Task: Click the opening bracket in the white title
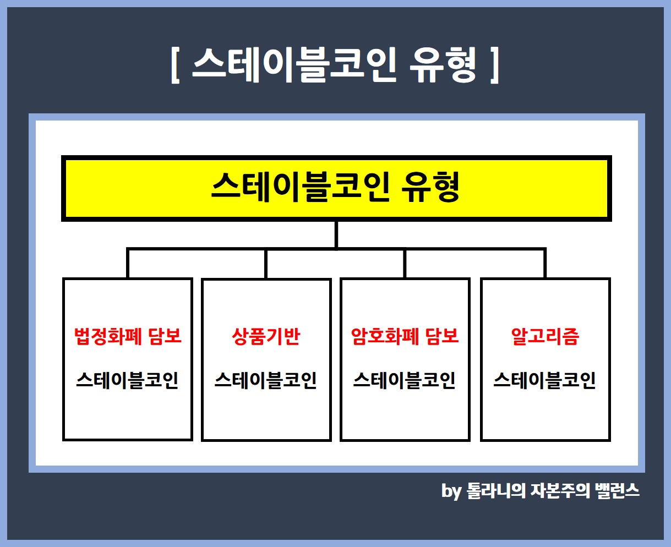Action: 175,65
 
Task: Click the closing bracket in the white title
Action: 494,65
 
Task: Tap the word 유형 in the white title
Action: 443,65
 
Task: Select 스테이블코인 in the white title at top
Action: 294,65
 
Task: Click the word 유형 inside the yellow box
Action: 430,187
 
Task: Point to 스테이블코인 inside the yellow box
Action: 301,187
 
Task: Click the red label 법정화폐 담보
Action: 128,336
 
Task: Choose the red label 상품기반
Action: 266,336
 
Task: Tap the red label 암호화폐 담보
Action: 405,336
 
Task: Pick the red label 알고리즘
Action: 545,336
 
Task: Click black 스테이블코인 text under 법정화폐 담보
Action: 127,380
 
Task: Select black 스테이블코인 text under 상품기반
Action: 266,380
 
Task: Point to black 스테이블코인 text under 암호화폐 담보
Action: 405,380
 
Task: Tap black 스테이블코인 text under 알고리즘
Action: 544,380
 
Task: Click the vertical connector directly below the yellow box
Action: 336,234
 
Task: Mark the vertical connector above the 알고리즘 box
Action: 545,264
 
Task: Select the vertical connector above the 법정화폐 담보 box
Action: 128,264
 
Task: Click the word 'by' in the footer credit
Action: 451,491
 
